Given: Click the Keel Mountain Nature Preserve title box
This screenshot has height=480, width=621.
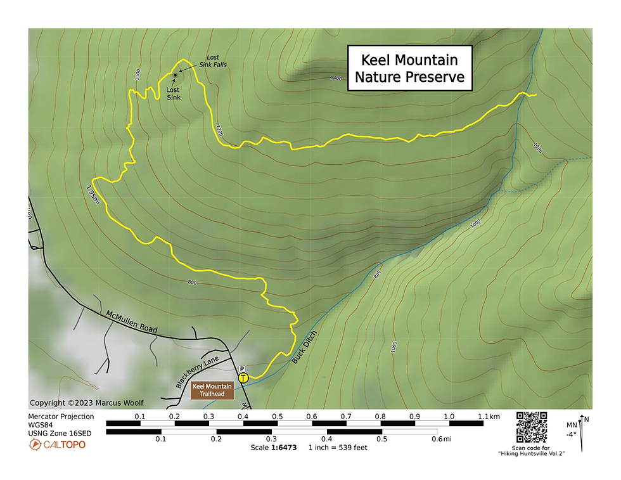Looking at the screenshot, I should (x=409, y=68).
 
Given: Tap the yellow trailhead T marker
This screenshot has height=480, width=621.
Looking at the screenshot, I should (x=243, y=378).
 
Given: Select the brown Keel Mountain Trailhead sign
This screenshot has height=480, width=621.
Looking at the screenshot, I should (x=212, y=390).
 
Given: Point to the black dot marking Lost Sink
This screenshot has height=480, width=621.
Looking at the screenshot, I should (x=175, y=75).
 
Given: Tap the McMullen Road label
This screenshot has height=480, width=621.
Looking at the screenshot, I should (x=131, y=323).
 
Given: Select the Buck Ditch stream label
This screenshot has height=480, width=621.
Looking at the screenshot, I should (x=304, y=346).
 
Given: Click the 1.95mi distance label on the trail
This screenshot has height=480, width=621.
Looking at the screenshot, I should (x=93, y=195).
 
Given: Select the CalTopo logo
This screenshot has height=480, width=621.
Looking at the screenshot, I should (x=56, y=444).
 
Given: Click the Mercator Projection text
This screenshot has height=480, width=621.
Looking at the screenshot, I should (x=61, y=417).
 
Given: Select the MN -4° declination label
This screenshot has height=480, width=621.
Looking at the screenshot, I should (x=572, y=430).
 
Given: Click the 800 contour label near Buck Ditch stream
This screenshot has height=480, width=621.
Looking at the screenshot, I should (x=376, y=274).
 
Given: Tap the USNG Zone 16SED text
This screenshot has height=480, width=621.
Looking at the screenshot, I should (x=60, y=433).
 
